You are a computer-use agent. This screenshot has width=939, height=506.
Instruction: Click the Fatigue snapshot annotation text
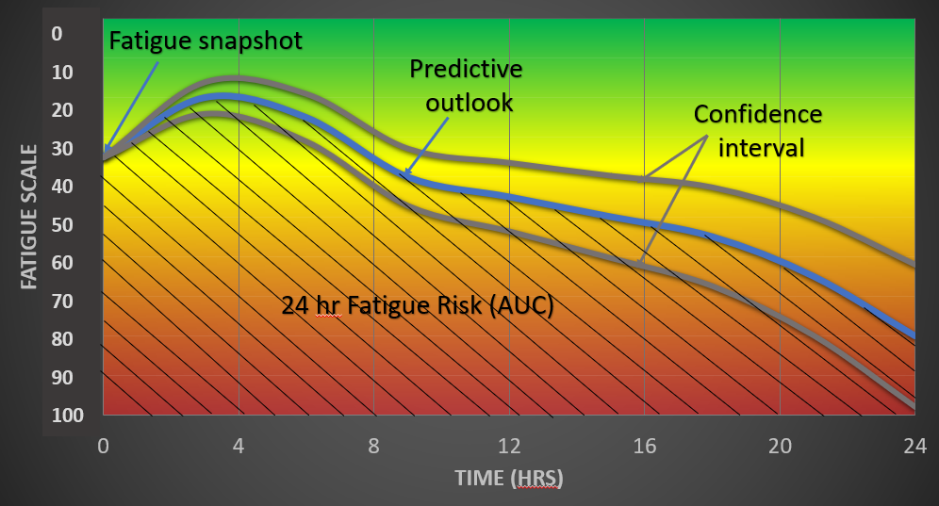click(x=206, y=41)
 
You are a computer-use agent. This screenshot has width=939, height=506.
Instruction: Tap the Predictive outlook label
click(x=466, y=86)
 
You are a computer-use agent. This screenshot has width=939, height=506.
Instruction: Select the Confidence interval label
click(x=758, y=131)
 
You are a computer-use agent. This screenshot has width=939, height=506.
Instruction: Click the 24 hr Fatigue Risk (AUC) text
click(x=418, y=305)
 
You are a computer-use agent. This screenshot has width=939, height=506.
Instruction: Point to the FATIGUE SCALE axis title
click(x=28, y=217)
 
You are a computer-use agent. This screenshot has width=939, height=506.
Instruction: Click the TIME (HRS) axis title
click(x=509, y=478)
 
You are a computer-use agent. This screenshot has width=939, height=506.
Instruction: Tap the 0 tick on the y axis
click(x=57, y=34)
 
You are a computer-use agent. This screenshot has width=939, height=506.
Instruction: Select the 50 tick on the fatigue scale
click(x=62, y=225)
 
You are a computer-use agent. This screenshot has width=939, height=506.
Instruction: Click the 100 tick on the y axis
click(x=68, y=415)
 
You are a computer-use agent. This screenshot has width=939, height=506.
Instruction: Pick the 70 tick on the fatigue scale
click(x=62, y=302)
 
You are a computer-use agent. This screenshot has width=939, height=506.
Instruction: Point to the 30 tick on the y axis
click(x=62, y=149)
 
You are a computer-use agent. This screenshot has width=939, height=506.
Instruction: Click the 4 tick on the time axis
click(x=239, y=446)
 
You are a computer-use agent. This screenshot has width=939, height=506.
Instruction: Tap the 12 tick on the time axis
click(x=509, y=446)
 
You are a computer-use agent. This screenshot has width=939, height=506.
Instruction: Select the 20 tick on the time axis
click(x=780, y=446)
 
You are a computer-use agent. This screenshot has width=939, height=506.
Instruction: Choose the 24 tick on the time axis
click(x=915, y=446)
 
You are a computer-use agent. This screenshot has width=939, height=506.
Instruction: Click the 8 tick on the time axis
click(x=373, y=446)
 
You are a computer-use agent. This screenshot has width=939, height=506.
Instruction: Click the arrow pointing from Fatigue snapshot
click(x=131, y=106)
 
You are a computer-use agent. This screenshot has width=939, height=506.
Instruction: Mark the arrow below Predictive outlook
click(x=426, y=146)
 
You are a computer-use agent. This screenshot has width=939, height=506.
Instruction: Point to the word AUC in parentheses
click(x=521, y=305)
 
